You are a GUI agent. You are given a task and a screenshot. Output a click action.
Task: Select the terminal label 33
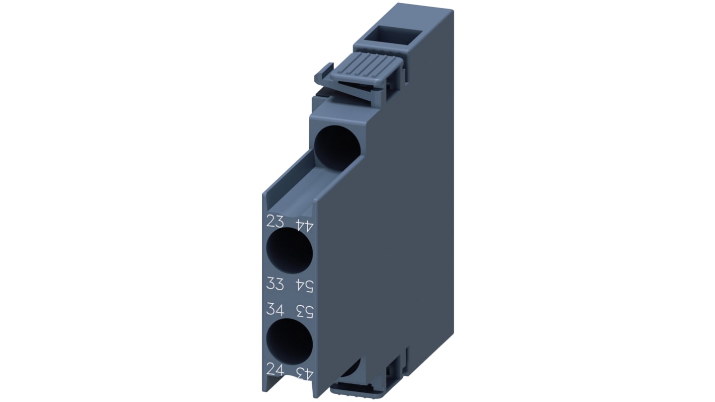(275, 284)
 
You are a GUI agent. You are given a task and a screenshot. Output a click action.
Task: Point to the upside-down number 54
(304, 286)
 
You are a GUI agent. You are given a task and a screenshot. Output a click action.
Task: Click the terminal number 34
(275, 308)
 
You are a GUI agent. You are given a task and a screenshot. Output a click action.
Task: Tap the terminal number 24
(275, 370)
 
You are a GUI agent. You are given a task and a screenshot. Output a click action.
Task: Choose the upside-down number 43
(304, 373)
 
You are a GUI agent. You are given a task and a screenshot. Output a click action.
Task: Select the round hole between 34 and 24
(289, 341)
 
